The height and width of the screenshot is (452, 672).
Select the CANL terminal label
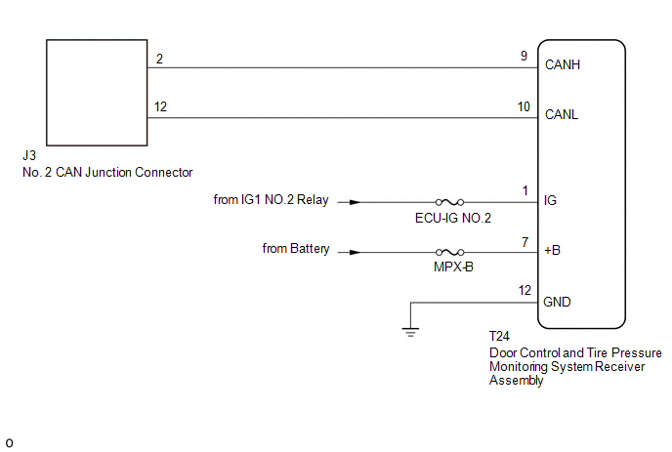coord(562,113)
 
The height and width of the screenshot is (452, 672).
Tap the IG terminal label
coord(550,201)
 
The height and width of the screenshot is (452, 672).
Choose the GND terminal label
coord(557,302)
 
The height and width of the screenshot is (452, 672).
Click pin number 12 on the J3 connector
coord(160,105)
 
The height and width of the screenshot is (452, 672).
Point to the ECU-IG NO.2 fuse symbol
coord(450,202)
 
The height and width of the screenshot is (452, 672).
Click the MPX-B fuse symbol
coord(450,252)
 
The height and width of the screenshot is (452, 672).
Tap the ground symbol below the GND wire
coord(410,332)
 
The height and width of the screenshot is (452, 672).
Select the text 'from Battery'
coord(296,249)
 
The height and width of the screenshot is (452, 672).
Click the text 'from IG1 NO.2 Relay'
coord(272,200)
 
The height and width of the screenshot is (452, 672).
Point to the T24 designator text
coord(500,337)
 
